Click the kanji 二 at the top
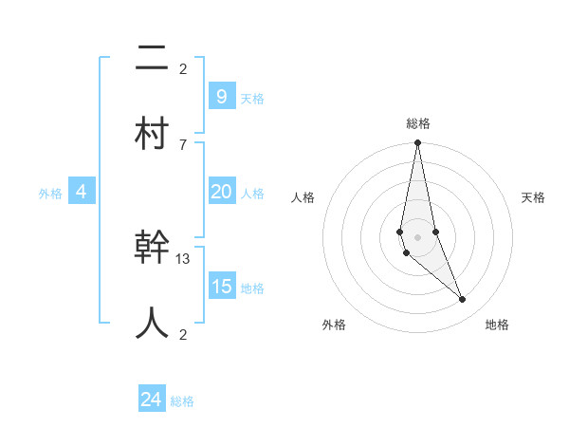(152, 60)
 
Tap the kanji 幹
(152, 249)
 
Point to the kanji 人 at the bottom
(152, 323)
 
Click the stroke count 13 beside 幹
(183, 258)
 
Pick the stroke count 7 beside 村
(183, 144)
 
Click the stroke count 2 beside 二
(183, 68)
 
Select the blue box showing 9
(221, 96)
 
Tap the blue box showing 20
(221, 192)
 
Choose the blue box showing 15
(221, 286)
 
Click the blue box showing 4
(82, 192)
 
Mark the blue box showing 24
(151, 400)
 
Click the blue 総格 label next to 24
(182, 401)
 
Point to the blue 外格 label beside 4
(50, 194)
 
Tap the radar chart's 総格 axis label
(418, 123)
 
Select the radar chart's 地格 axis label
(497, 325)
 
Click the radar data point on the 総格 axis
(417, 143)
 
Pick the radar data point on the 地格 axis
(463, 300)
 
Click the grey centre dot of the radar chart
(417, 236)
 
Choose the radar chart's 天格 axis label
(533, 197)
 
